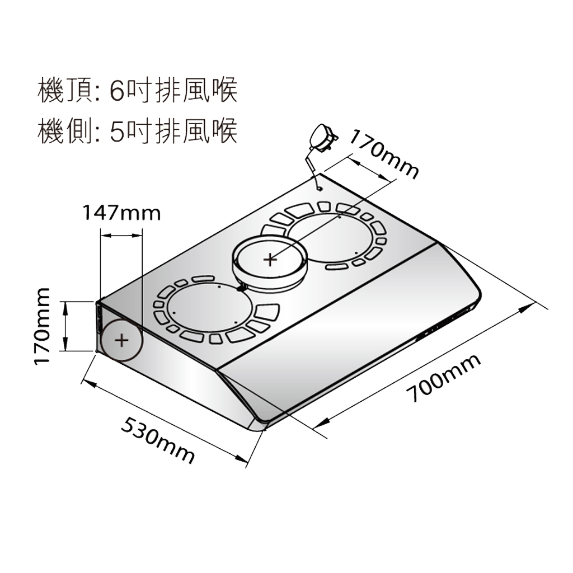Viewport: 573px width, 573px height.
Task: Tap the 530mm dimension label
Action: pos(158,440)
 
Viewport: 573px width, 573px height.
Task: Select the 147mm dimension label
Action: pos(121,213)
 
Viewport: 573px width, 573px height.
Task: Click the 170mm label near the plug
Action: pos(384,153)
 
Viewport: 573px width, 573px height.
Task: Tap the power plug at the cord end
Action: pos(322,137)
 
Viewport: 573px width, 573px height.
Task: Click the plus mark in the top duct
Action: pos(270,259)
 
